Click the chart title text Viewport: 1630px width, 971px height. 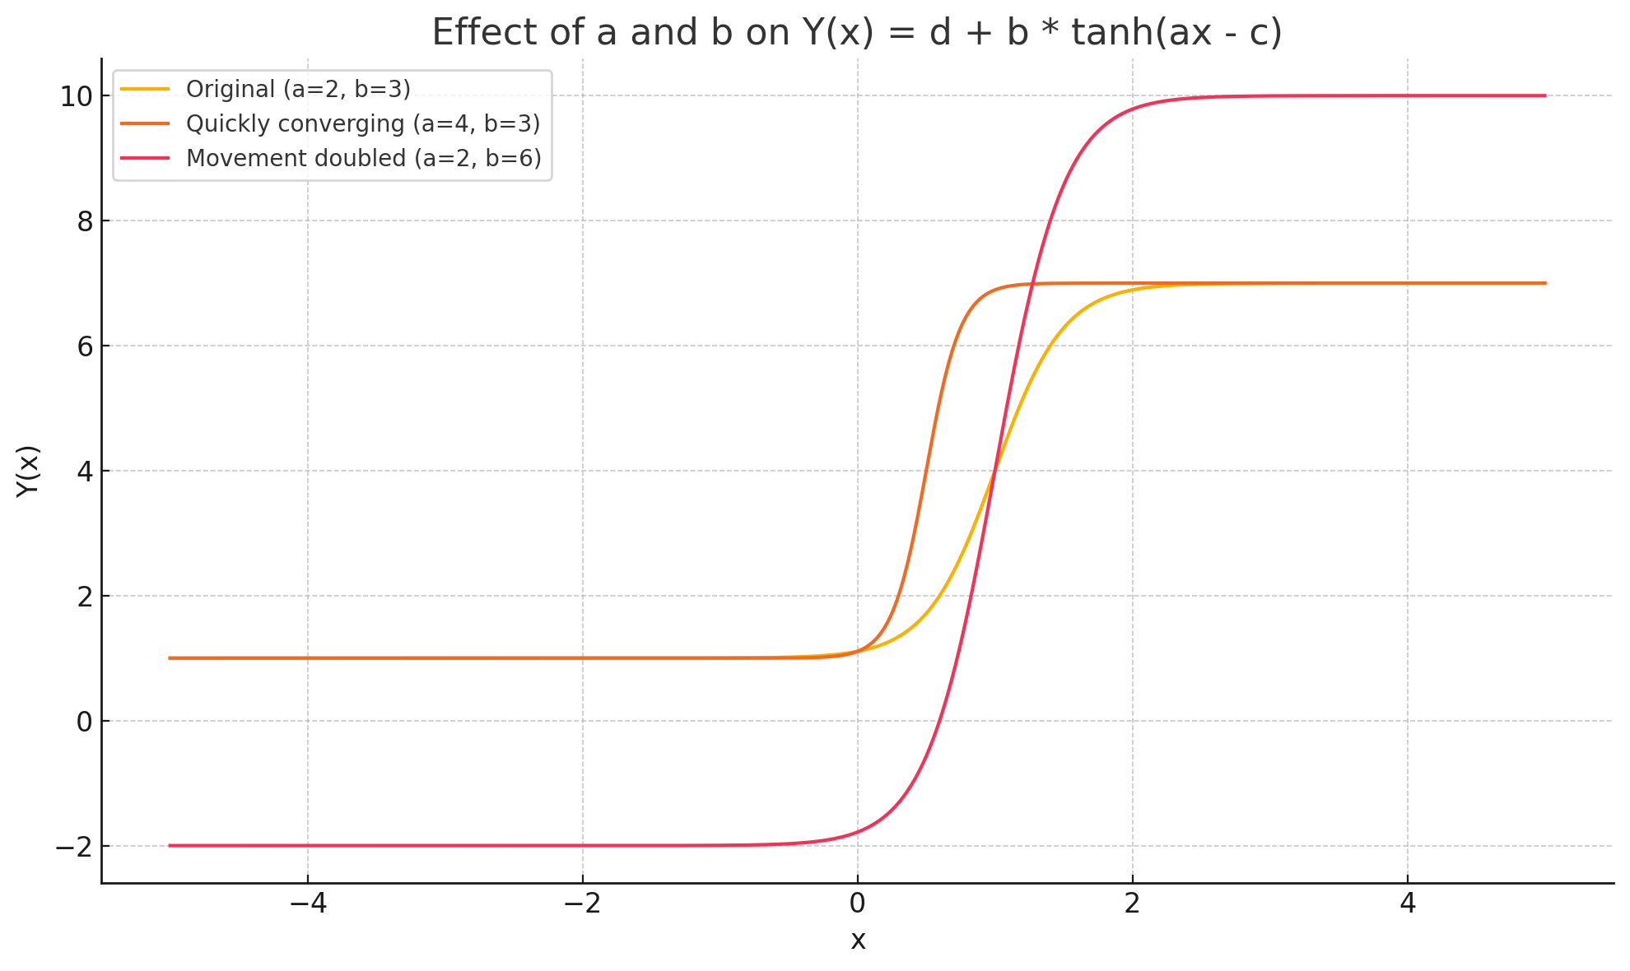point(857,33)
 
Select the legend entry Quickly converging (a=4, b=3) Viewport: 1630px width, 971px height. point(362,123)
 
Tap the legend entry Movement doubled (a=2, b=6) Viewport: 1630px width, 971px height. point(363,158)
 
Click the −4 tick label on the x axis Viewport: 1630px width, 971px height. point(307,904)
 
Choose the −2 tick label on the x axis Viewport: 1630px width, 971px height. point(582,904)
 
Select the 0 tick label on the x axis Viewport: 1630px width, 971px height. point(857,904)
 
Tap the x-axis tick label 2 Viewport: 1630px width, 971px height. point(1132,904)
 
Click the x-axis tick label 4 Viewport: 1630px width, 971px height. point(1408,904)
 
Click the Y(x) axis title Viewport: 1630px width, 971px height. point(28,471)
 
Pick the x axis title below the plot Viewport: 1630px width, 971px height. point(858,941)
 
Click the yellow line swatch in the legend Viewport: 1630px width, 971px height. point(145,89)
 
